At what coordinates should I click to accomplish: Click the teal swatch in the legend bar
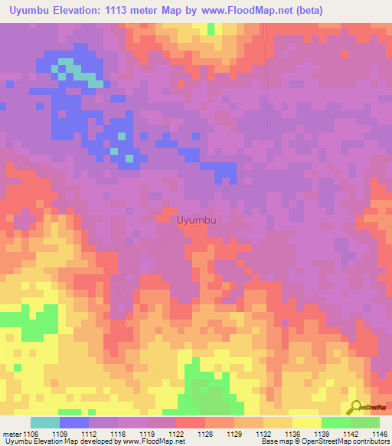pos(45,422)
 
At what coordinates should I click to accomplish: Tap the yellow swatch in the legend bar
pos(306,422)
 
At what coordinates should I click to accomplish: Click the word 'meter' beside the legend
pos(11,433)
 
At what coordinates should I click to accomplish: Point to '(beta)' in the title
pos(306,11)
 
